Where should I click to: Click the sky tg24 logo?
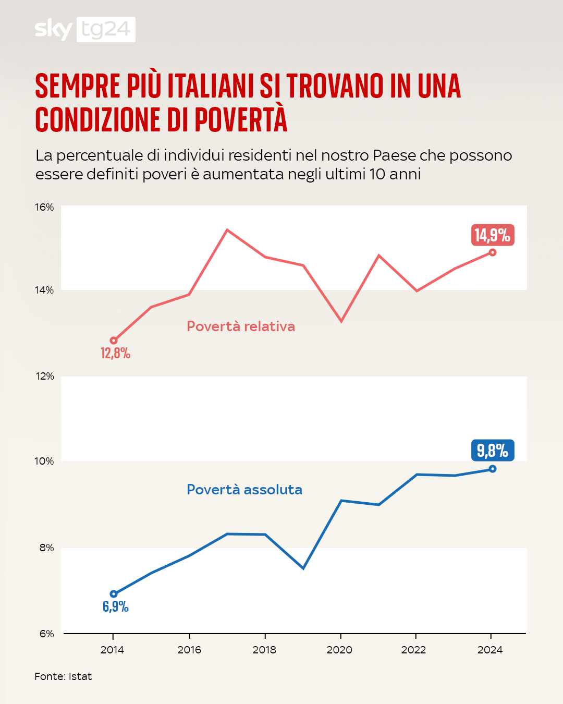85,29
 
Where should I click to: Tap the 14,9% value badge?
493,235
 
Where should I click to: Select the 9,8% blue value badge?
493,451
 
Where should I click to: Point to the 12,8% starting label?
116,354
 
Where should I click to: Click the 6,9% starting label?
116,606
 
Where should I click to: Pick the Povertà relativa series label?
241,326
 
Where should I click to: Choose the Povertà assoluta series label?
244,490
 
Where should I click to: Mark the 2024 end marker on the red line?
493,252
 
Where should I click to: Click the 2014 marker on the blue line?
114,594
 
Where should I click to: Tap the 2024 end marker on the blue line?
493,469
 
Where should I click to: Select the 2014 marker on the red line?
114,341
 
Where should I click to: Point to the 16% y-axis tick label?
44,208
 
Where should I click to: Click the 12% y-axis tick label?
44,377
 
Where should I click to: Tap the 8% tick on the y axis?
46,548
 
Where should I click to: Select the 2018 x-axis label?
264,650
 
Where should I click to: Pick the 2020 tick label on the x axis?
339,650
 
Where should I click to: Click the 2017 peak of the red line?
227,230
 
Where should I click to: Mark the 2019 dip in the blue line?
303,568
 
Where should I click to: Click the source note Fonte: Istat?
63,676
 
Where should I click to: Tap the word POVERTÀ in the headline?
241,119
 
